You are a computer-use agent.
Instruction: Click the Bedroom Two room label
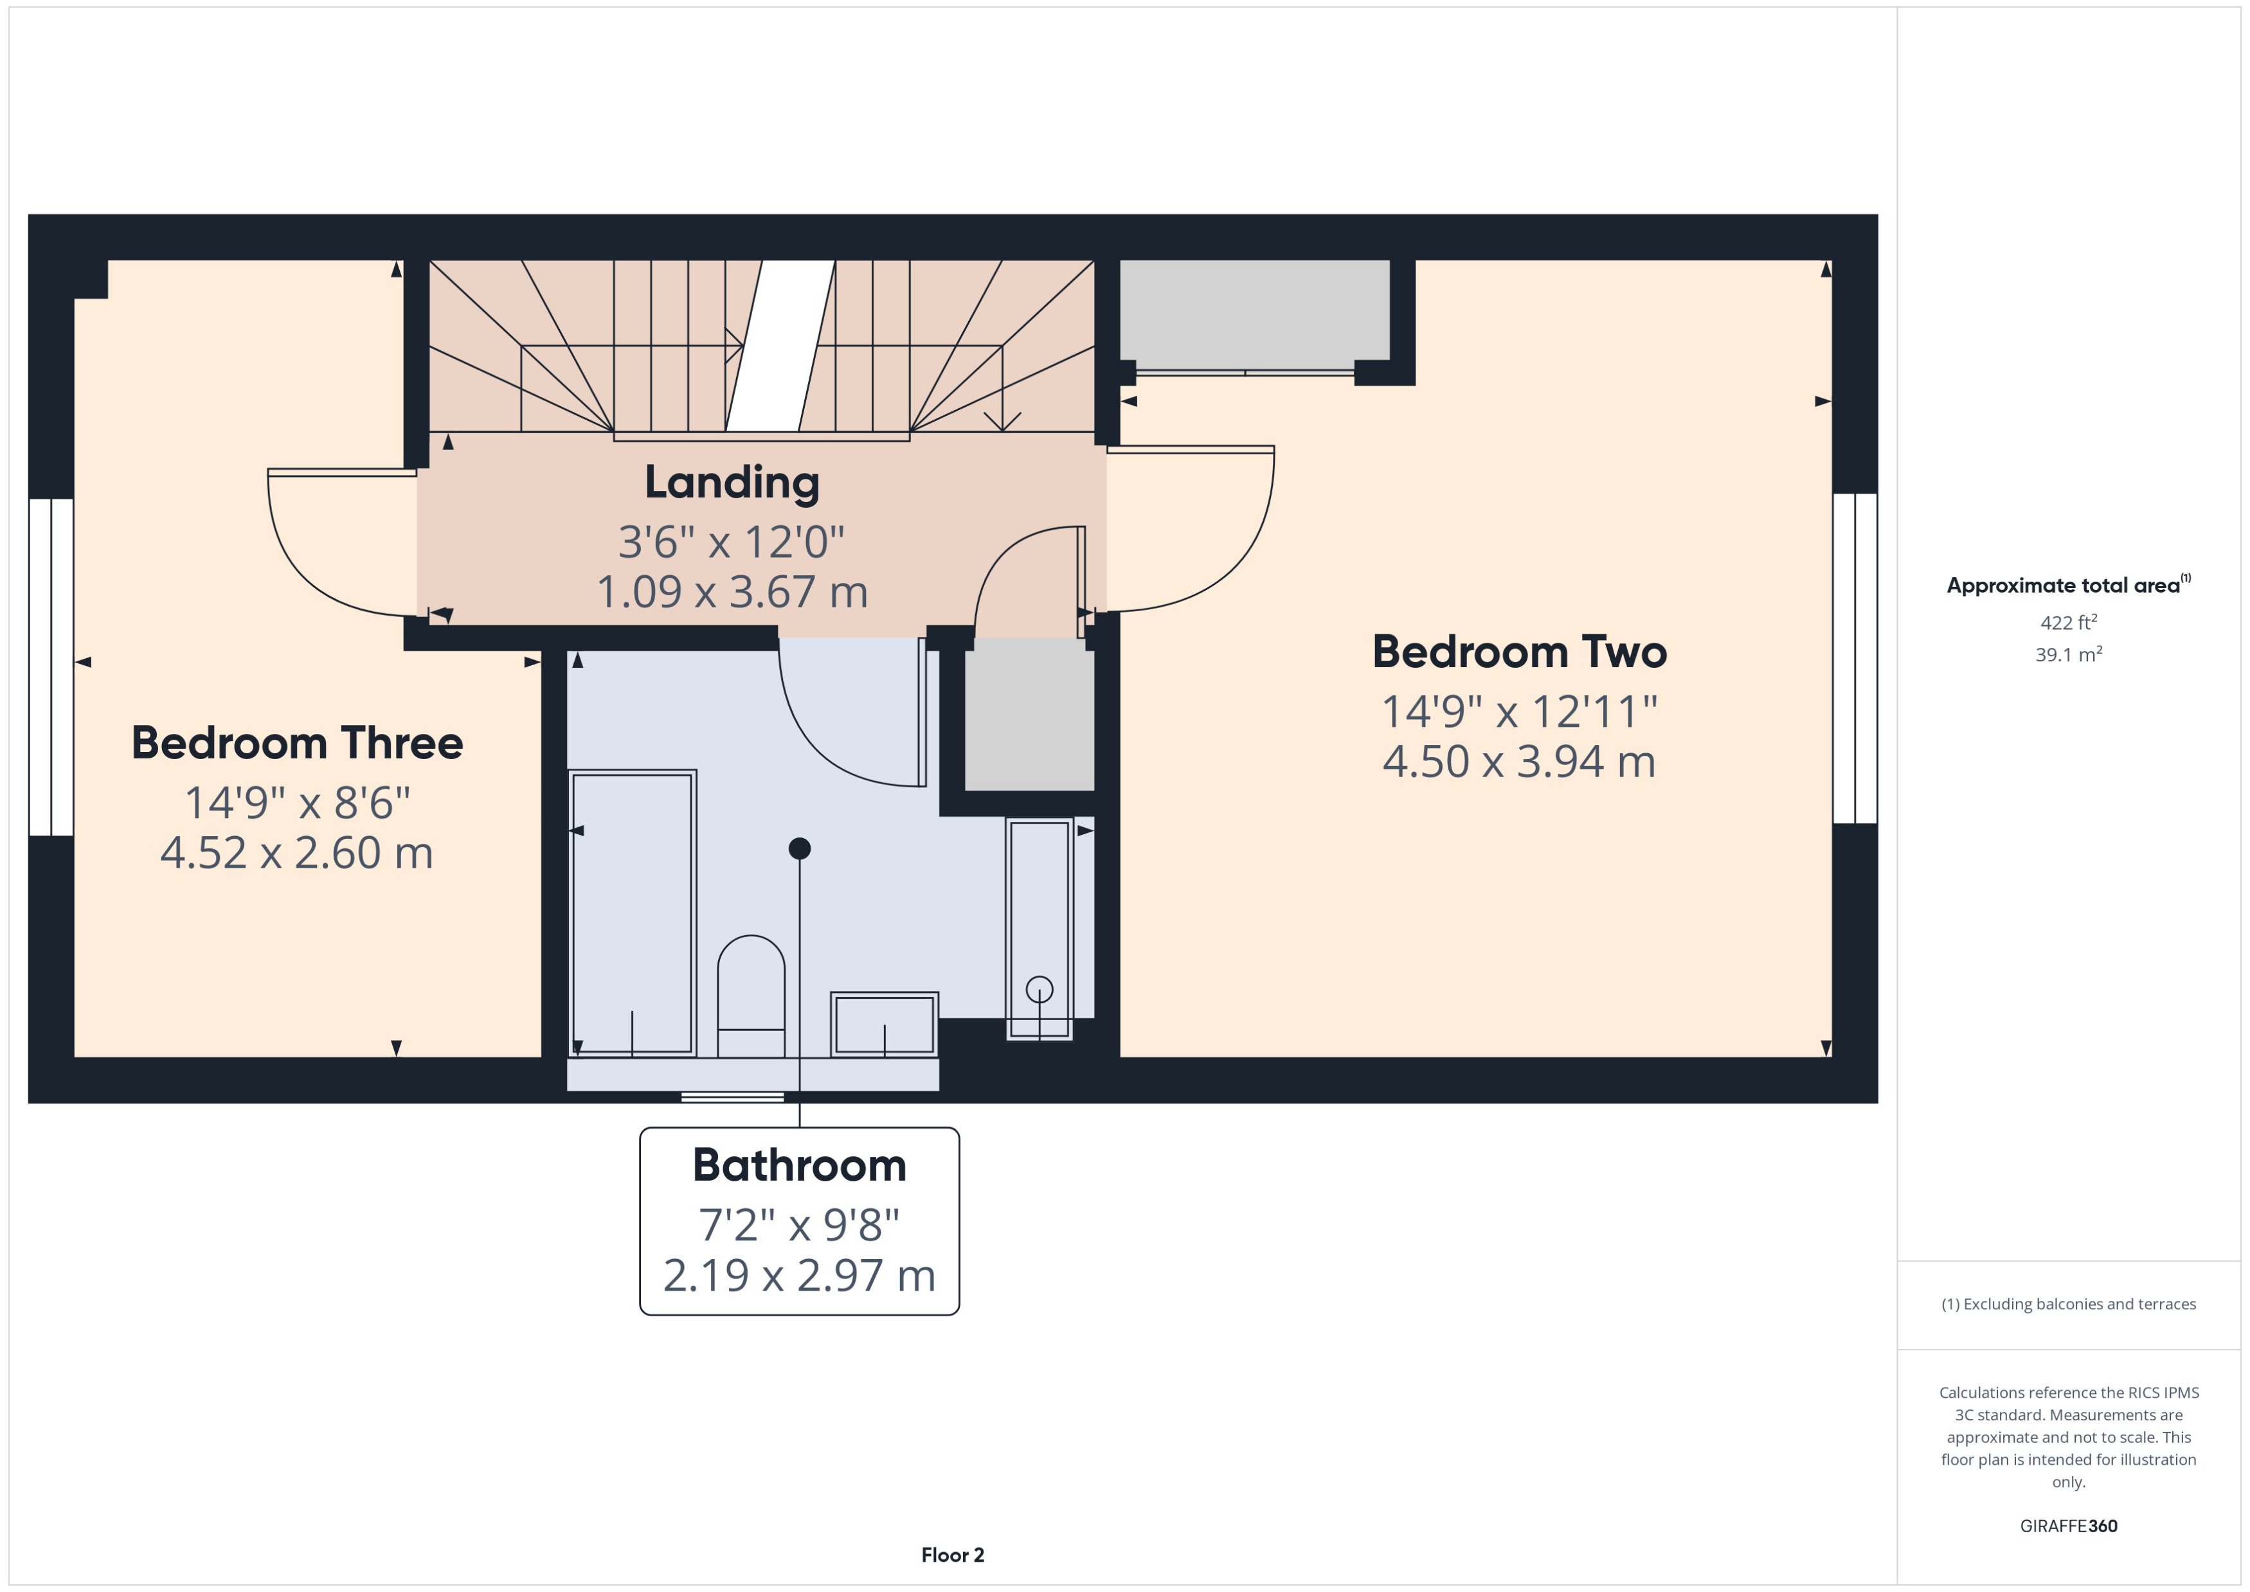click(x=1518, y=652)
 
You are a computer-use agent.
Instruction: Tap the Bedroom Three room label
click(x=297, y=743)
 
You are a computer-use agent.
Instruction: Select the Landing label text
click(x=732, y=482)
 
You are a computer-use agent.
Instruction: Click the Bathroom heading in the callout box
click(x=799, y=1166)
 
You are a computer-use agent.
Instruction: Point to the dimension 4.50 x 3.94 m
click(x=1518, y=762)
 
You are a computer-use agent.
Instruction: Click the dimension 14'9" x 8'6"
click(x=297, y=803)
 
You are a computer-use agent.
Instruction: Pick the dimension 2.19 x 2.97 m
click(x=799, y=1275)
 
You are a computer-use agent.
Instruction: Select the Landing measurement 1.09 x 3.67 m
click(x=732, y=592)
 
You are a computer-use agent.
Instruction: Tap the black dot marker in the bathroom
click(x=799, y=848)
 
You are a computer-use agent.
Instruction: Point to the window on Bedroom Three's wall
click(x=51, y=666)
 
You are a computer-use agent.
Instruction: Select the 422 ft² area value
click(x=2067, y=623)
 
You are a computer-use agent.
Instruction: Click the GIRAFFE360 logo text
click(x=2067, y=1526)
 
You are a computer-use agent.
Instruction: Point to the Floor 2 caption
click(x=952, y=1555)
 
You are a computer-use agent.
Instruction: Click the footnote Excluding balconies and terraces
click(x=2067, y=1304)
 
